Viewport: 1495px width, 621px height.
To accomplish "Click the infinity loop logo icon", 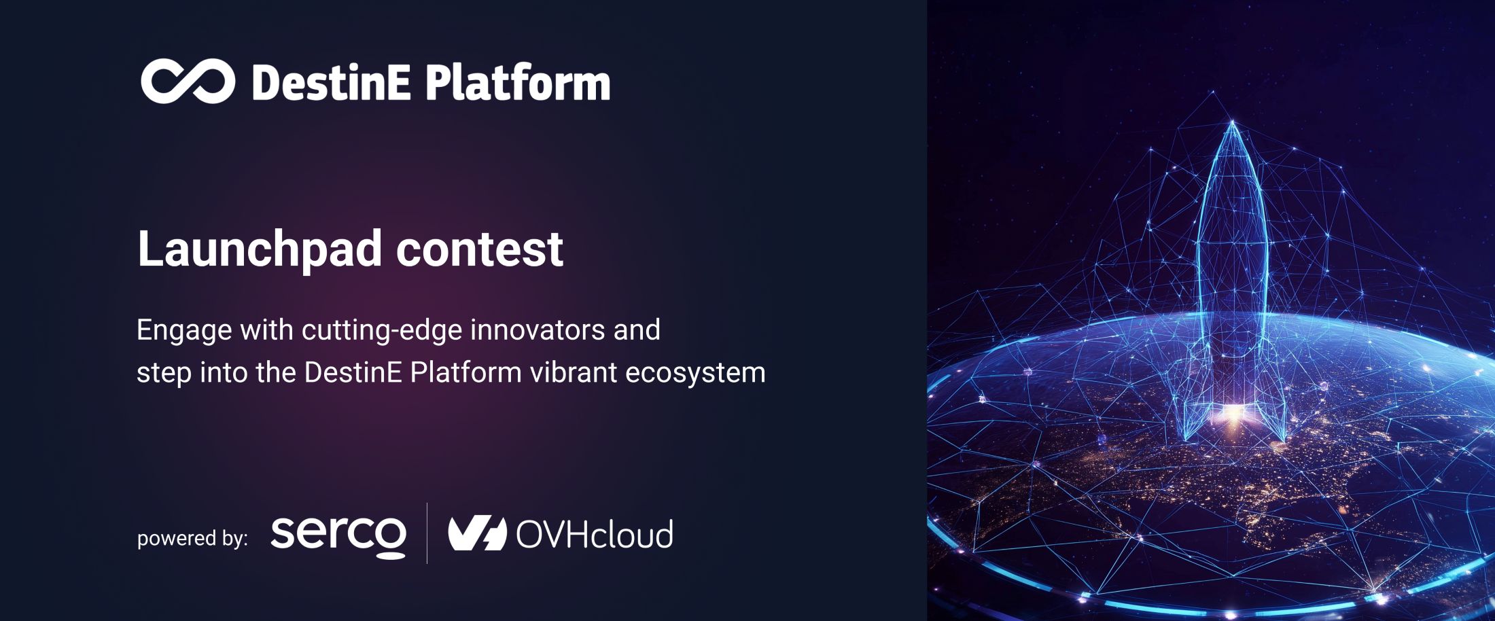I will click(188, 82).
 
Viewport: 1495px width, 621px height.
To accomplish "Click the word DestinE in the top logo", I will click(331, 83).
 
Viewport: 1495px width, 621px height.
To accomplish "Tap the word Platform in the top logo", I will click(518, 83).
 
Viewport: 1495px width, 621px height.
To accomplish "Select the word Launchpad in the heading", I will click(260, 249).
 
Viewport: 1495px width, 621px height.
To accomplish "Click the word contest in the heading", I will click(479, 249).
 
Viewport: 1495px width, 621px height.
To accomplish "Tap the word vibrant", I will click(573, 372).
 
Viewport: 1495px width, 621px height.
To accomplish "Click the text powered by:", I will click(192, 539).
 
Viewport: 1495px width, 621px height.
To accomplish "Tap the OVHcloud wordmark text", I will click(595, 535).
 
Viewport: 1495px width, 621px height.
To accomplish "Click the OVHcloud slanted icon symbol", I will click(477, 533).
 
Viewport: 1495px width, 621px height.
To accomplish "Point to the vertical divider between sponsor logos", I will click(427, 533).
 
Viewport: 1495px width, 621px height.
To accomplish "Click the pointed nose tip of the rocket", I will click(1233, 124).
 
